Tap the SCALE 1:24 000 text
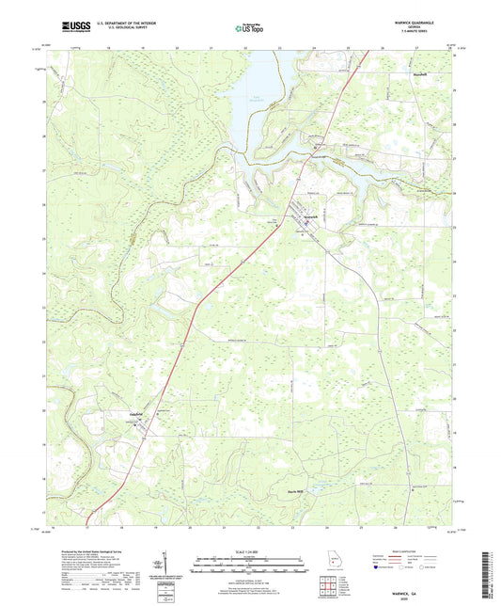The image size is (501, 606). pyautogui.click(x=250, y=550)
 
